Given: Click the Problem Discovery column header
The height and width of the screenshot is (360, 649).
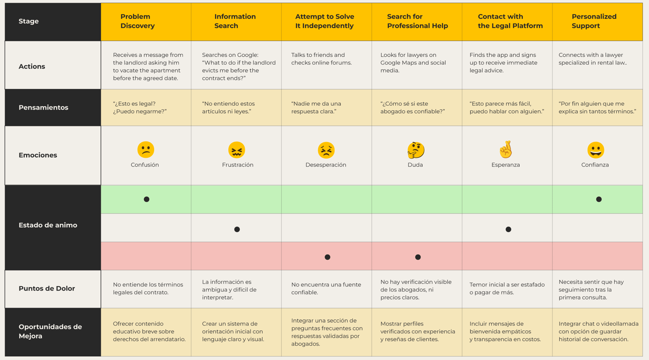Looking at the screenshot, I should click(x=137, y=21).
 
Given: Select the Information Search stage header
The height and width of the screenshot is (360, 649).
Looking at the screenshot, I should click(x=235, y=21).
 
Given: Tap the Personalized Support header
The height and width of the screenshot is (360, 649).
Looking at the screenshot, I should click(x=594, y=21).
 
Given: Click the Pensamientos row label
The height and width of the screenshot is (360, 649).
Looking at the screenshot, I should click(x=43, y=108).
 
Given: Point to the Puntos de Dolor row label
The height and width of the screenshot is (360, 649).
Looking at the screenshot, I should click(x=47, y=289).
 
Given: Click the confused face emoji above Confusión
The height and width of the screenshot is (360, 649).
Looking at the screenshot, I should click(x=146, y=150).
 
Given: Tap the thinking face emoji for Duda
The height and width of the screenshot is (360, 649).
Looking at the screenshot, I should click(x=416, y=150).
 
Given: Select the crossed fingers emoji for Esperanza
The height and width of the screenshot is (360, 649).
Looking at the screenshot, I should click(x=506, y=150).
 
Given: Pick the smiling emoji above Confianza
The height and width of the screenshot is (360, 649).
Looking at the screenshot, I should click(x=595, y=150).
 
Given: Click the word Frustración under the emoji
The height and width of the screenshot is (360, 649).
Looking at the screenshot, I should click(x=238, y=165).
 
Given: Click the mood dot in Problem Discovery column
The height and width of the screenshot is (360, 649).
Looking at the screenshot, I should click(x=146, y=199).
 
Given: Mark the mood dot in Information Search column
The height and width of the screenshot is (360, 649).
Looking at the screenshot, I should click(x=237, y=229).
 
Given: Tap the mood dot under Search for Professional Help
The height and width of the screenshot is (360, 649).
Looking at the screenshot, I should click(x=418, y=257).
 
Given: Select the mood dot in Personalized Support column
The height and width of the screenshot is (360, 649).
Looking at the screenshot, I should click(x=599, y=199).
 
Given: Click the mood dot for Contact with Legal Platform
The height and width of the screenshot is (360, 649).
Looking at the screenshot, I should click(x=508, y=229).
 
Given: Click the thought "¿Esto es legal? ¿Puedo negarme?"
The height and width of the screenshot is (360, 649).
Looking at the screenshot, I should click(x=140, y=108).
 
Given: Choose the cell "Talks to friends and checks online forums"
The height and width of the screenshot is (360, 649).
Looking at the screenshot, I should click(x=321, y=59).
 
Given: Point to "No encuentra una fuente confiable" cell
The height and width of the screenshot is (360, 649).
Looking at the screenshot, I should click(x=326, y=288).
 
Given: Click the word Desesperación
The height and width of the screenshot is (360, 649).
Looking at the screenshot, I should click(x=326, y=165).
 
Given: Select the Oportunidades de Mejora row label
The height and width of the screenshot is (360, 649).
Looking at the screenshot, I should click(x=50, y=331).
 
